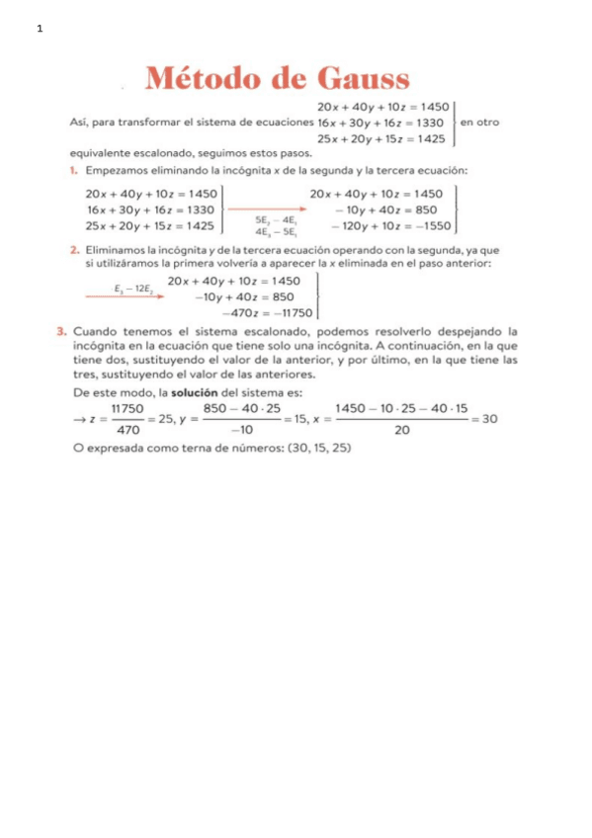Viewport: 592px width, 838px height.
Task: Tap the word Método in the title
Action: click(208, 78)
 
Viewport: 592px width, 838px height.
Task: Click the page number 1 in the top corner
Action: click(40, 29)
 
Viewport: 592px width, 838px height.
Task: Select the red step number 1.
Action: click(74, 170)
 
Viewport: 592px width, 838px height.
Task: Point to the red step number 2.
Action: click(74, 250)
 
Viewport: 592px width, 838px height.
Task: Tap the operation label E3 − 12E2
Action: click(132, 289)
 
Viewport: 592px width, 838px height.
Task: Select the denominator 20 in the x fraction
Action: click(401, 430)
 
